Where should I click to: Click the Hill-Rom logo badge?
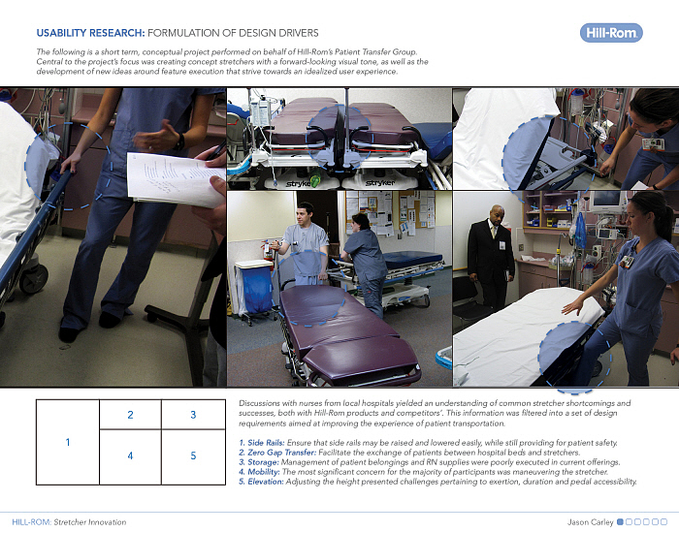click(x=611, y=33)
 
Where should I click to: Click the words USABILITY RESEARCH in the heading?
click(x=90, y=33)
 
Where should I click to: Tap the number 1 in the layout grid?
click(x=68, y=442)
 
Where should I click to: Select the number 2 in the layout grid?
click(x=130, y=415)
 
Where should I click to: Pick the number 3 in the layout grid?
click(x=193, y=415)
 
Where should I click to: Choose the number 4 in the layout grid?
click(x=130, y=455)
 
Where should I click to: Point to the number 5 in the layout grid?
click(x=193, y=455)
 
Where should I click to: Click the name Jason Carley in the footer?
click(x=590, y=522)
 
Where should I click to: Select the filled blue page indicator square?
click(x=620, y=521)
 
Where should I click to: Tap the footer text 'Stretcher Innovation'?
click(x=90, y=522)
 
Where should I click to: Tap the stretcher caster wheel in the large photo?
click(x=34, y=279)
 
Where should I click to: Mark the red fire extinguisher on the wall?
click(x=267, y=250)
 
